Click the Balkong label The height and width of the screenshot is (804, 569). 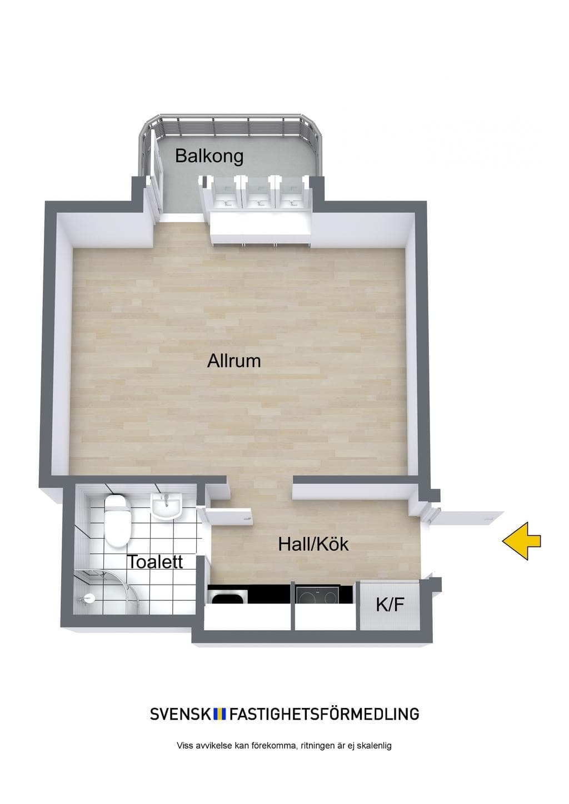pyautogui.click(x=209, y=157)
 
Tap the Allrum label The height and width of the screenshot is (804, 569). pyautogui.click(x=234, y=361)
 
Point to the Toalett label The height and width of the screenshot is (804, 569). pyautogui.click(x=156, y=562)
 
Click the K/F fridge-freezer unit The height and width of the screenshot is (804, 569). pyautogui.click(x=390, y=605)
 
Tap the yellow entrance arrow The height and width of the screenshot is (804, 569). pyautogui.click(x=522, y=541)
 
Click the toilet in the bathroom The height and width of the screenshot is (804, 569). pyautogui.click(x=117, y=521)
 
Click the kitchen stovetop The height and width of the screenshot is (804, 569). pyautogui.click(x=317, y=594)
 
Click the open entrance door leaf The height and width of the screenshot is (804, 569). pyautogui.click(x=467, y=517)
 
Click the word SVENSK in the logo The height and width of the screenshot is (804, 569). pyautogui.click(x=181, y=714)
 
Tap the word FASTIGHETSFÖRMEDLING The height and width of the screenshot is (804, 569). pyautogui.click(x=324, y=714)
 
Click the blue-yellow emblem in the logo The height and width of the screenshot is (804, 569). pyautogui.click(x=220, y=714)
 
